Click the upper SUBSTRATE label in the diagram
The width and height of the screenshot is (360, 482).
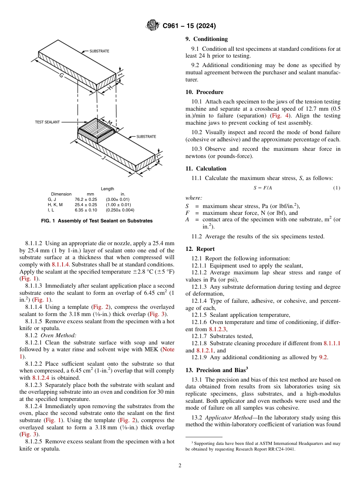(99, 51)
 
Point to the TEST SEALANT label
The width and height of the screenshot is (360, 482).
(47, 122)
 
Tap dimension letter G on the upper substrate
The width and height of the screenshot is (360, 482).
(61, 76)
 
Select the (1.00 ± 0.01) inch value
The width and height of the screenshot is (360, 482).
(119, 205)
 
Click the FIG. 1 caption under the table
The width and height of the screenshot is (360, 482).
(96, 221)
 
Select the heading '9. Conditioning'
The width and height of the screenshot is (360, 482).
(207, 39)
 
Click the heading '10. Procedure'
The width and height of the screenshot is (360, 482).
(204, 92)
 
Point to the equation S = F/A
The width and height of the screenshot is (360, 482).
(263, 188)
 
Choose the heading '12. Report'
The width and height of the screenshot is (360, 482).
(200, 249)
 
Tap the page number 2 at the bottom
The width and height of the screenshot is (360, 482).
(180, 465)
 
